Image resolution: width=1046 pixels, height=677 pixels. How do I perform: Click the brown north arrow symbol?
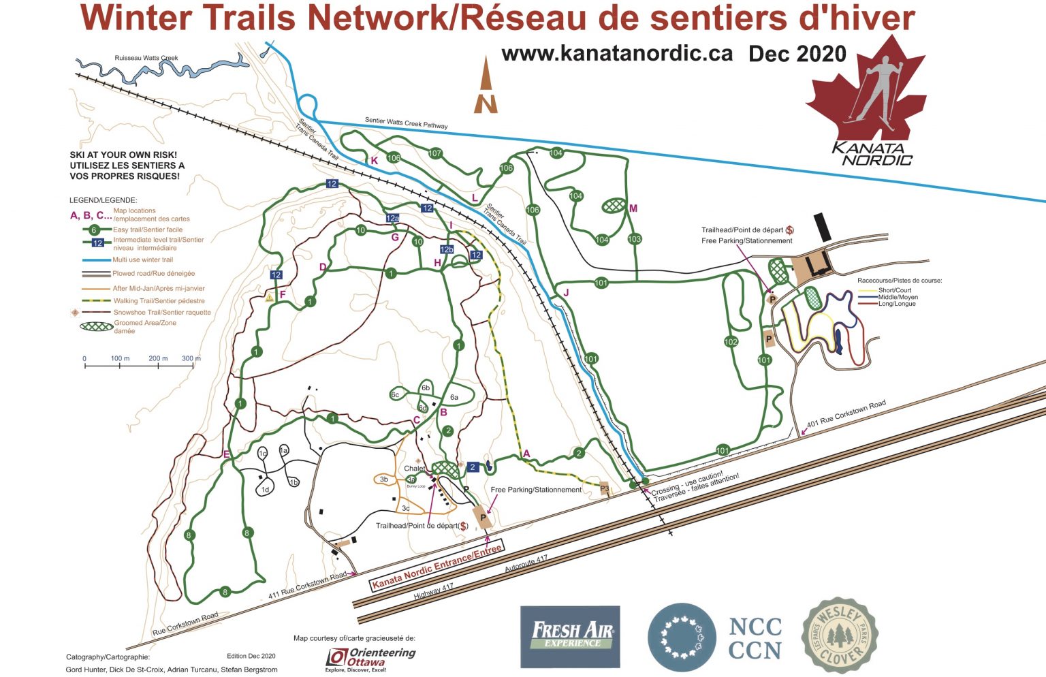[486, 86]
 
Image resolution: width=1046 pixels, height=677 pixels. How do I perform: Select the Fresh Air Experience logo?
[571, 636]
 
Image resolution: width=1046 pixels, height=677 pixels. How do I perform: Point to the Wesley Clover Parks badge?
[839, 635]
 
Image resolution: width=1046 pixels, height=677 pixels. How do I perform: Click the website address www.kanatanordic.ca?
[617, 54]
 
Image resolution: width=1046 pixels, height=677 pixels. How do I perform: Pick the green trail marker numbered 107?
[435, 153]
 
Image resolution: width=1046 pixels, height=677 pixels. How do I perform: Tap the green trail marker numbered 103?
[635, 239]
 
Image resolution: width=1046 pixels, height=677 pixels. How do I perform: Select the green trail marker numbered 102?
[731, 342]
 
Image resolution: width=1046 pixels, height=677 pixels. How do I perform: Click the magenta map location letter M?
[633, 208]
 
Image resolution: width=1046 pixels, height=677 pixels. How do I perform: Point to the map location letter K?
[374, 161]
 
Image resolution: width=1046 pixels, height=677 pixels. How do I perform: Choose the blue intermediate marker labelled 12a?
[392, 218]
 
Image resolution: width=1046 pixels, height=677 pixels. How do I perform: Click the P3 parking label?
[604, 488]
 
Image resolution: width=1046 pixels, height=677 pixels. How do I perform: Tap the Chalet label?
[414, 469]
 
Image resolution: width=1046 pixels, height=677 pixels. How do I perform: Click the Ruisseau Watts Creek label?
[146, 58]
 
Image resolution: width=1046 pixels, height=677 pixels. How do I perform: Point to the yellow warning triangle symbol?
[270, 297]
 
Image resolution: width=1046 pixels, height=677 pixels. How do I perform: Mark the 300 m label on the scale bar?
[191, 358]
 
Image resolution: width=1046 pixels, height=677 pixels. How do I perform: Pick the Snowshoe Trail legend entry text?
[162, 313]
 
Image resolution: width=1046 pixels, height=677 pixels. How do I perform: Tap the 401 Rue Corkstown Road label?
[846, 415]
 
